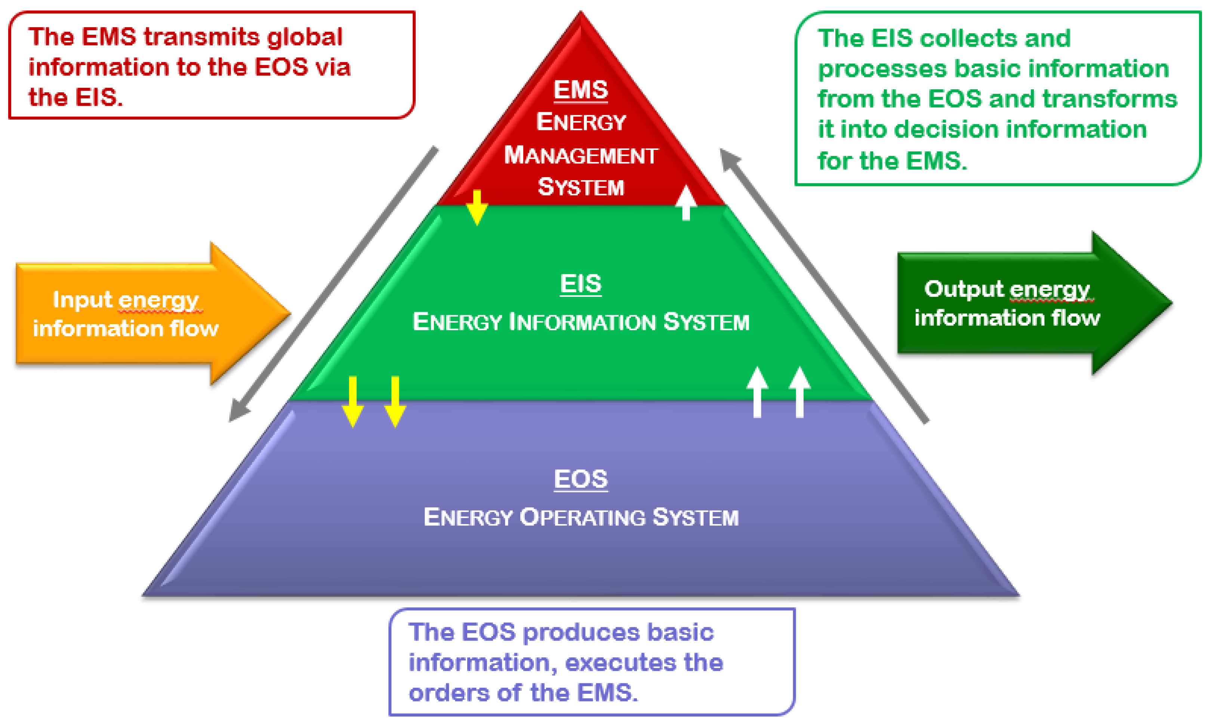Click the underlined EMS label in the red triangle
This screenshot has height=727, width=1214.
point(581,90)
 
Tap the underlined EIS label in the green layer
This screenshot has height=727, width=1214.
point(580,284)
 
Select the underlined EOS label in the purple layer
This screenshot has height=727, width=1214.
point(581,479)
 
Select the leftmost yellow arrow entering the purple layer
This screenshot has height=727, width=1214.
point(352,402)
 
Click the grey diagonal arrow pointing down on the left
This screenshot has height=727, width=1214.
point(333,284)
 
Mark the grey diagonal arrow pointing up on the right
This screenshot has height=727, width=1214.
point(823,284)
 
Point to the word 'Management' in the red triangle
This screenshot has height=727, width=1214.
point(581,155)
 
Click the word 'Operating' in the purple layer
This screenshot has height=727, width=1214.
point(582,518)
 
